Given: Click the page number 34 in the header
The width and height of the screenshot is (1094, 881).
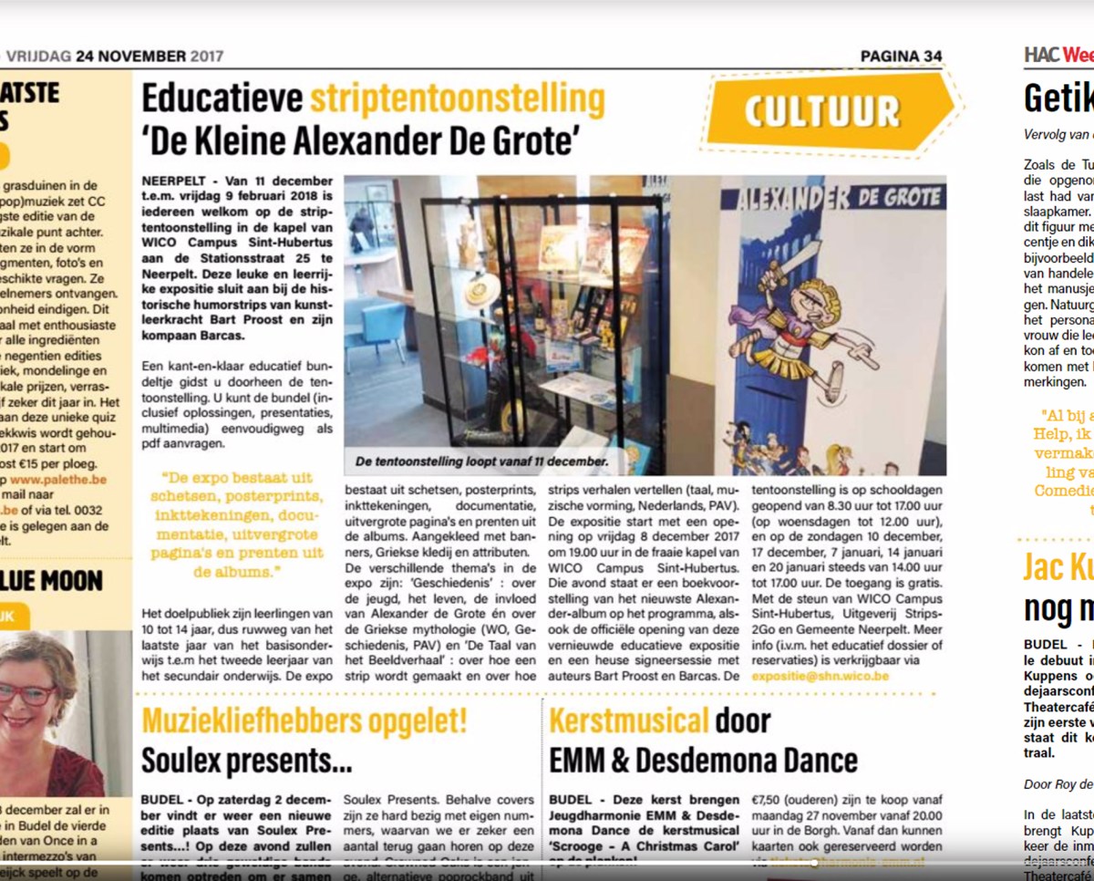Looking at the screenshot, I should [932, 57].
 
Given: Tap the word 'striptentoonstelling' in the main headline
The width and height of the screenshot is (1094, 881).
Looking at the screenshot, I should [457, 99].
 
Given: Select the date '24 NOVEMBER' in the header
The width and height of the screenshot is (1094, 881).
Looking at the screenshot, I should [131, 57].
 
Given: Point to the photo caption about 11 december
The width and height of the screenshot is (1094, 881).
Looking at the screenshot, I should [481, 461].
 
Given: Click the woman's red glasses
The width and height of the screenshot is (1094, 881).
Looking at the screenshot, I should [32, 692].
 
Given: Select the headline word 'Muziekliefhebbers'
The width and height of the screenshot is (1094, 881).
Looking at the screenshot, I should [304, 720].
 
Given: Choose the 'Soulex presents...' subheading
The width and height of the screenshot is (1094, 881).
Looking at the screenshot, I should [246, 759].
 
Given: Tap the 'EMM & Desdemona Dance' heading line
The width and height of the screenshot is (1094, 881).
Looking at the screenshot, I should [703, 759].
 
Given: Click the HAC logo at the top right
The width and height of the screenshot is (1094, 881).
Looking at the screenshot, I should [1040, 55].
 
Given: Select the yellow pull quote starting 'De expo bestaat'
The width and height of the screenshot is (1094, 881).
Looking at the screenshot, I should [236, 525].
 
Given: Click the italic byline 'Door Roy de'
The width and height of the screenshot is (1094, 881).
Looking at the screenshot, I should [1058, 783].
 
